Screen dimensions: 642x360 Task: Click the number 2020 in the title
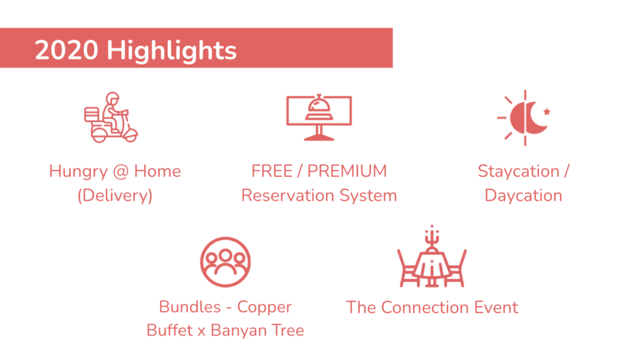tap(66, 50)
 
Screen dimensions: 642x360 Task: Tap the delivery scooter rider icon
tap(111, 117)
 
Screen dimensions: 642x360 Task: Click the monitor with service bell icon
tap(319, 117)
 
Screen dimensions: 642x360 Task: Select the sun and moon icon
tap(524, 117)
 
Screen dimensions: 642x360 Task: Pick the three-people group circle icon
tap(225, 262)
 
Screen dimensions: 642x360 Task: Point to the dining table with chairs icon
tap(432, 256)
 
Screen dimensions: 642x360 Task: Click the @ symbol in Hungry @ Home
tap(121, 171)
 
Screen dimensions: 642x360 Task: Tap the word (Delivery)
tap(115, 195)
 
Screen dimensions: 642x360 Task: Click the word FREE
tap(272, 171)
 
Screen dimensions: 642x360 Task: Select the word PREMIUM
tap(347, 171)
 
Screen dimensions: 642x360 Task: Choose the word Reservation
tap(288, 195)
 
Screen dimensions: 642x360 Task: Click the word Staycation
tap(518, 172)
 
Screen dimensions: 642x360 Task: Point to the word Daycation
tap(524, 196)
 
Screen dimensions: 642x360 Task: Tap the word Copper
tap(265, 307)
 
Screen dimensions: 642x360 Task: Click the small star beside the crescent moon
tap(547, 111)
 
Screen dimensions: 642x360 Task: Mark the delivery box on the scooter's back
tap(92, 114)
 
